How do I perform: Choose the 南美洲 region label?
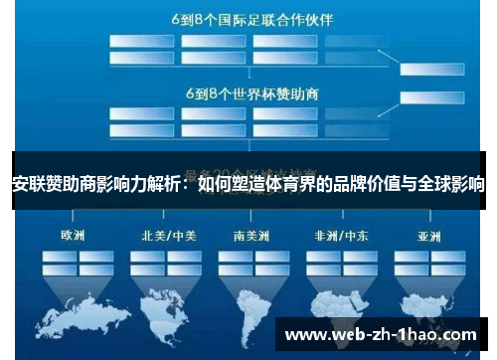tap(252, 237)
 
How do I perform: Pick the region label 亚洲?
tap(429, 237)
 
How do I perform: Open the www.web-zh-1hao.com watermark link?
tap(382, 335)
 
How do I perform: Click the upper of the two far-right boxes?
tap(433, 69)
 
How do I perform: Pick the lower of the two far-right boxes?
tap(433, 96)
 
